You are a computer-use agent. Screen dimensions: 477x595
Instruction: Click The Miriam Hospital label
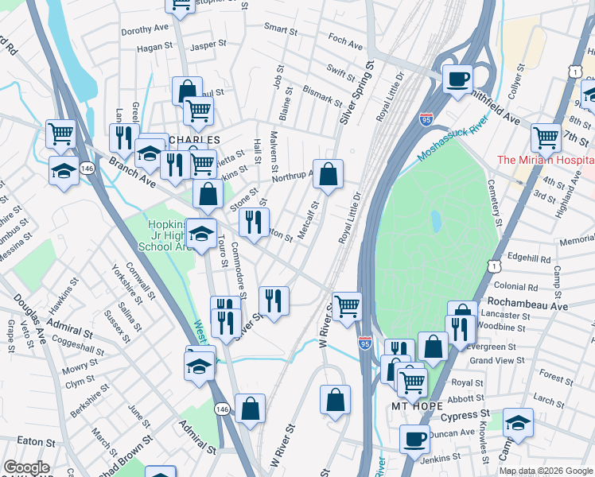pos(545,160)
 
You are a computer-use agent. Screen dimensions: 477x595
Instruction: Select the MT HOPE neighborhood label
pos(417,405)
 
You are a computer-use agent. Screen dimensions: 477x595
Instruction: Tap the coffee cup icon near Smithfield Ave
pos(458,79)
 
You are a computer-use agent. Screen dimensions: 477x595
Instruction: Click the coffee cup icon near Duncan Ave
pos(414,438)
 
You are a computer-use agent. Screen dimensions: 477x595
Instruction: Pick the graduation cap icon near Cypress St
pos(518,425)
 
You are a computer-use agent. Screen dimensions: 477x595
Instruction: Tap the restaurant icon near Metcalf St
pos(254,223)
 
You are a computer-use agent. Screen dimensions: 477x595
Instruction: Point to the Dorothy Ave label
pos(145,31)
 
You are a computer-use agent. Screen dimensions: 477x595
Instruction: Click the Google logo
pos(26,467)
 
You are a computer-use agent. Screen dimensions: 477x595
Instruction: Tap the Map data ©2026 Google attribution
pos(546,471)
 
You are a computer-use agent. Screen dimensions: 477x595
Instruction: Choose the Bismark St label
pos(322,97)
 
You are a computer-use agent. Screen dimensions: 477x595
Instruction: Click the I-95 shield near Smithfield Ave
pos(426,119)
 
